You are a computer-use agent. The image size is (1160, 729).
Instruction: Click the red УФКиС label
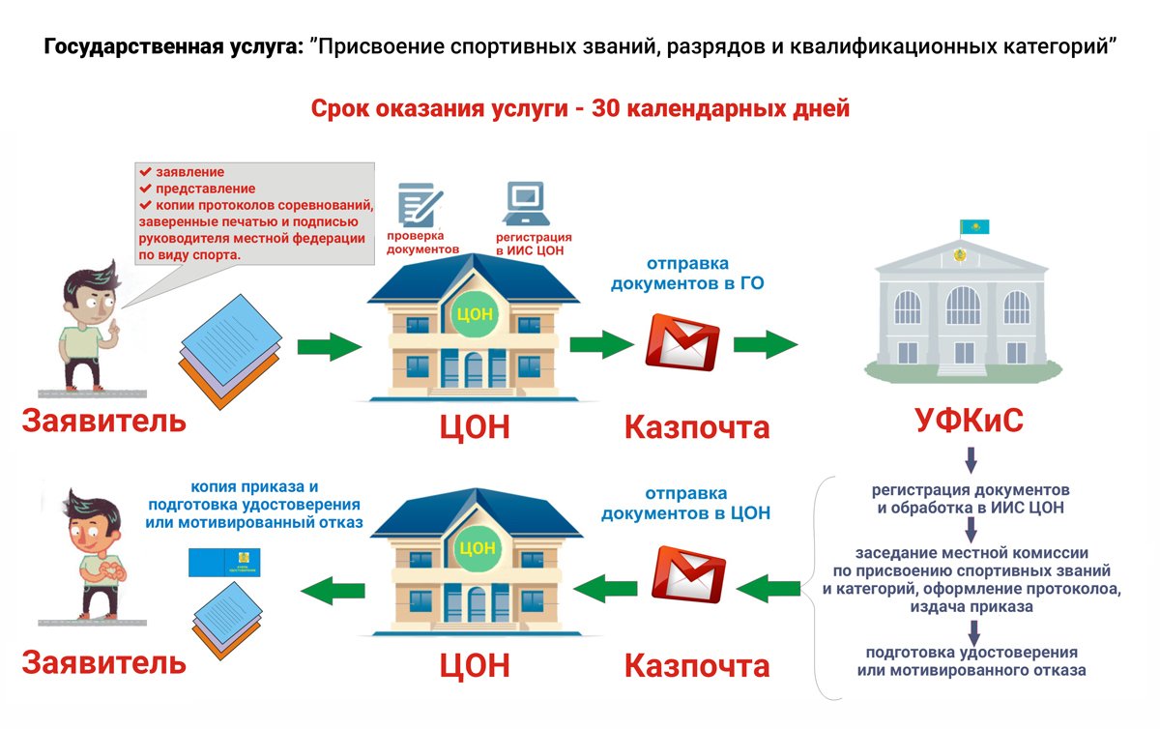(x=969, y=423)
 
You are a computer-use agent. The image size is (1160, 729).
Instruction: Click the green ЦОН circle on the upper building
(x=474, y=314)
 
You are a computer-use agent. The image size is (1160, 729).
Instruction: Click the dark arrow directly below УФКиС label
(x=971, y=457)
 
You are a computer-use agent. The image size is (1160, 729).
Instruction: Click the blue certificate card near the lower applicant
(x=226, y=561)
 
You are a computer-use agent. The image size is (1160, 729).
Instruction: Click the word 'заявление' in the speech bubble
(x=190, y=172)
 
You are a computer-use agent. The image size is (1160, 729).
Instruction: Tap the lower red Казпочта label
(x=696, y=665)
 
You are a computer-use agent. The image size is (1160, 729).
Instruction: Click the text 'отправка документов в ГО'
(x=687, y=273)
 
